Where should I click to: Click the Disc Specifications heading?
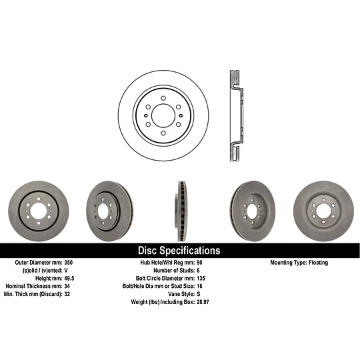(179, 251)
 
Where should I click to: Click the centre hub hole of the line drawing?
(163, 115)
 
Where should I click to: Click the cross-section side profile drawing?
(237, 114)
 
